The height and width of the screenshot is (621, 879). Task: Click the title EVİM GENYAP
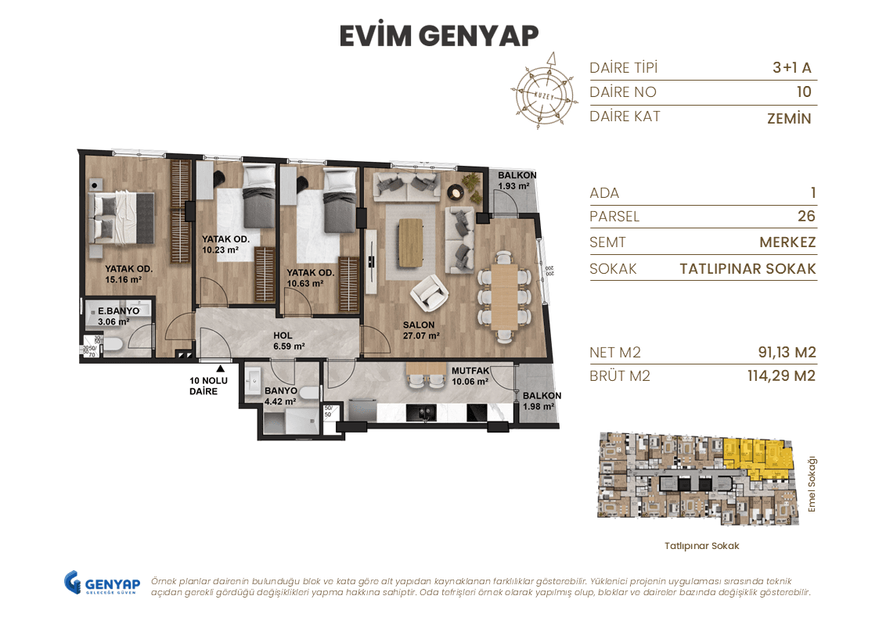[439, 36]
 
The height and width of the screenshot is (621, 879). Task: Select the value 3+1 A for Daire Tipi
[791, 67]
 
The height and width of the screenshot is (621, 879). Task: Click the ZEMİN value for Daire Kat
[789, 119]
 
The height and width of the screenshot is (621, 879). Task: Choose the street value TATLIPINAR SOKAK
[748, 268]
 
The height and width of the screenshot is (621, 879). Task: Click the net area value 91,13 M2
[781, 352]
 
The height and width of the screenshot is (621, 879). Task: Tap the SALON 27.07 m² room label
[420, 330]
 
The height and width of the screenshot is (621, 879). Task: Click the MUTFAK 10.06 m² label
[470, 376]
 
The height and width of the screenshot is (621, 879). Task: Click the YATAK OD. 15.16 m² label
[124, 273]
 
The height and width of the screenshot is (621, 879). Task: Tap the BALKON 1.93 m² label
[517, 180]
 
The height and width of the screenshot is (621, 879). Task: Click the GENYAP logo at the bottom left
[102, 583]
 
